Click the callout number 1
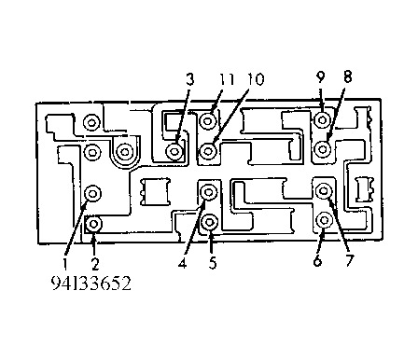coord(65,264)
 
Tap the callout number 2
coord(95,264)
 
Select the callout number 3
coord(189,79)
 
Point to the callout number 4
coord(183,263)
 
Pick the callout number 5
coord(213,263)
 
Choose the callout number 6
coord(317,260)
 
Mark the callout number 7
coord(349,260)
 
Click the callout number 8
coord(347,76)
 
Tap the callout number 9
coord(320,76)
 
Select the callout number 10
coord(256,79)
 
